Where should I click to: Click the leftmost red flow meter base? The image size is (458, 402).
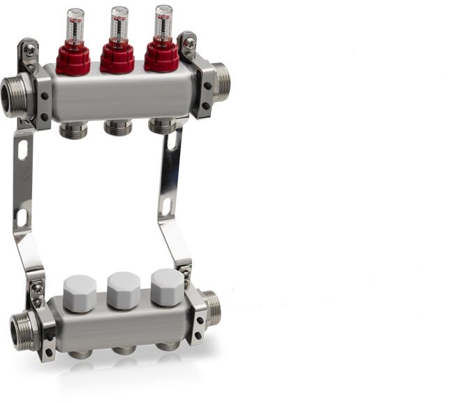coord(73,60)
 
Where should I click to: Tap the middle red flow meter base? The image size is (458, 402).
coord(117,59)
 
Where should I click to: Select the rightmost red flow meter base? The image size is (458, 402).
coord(161,58)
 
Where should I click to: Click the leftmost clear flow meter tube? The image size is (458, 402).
coord(75,27)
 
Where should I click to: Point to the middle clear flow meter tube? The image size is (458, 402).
coord(119,24)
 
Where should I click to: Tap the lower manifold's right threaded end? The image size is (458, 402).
coord(212,308)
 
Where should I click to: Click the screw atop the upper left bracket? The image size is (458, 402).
coord(29,50)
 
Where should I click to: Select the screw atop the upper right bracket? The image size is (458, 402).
coord(189,43)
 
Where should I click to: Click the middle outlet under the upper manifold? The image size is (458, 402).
coord(118,128)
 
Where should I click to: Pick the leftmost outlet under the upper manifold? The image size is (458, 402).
coord(74,130)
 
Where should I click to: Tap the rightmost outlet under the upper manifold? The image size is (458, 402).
coord(162,126)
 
